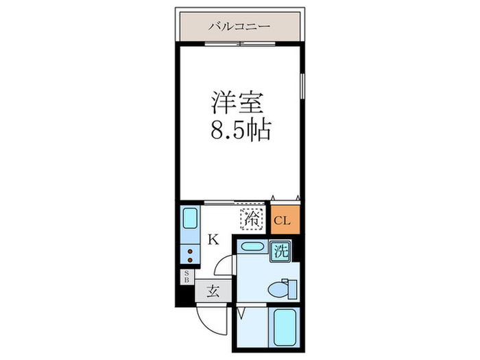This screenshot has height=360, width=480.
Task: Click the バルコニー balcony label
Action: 239,27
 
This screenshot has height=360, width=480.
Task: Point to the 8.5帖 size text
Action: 239,130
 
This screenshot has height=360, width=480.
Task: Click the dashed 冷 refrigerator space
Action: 250,220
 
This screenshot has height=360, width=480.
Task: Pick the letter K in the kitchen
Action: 213,239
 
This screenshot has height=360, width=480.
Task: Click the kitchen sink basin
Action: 190,220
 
